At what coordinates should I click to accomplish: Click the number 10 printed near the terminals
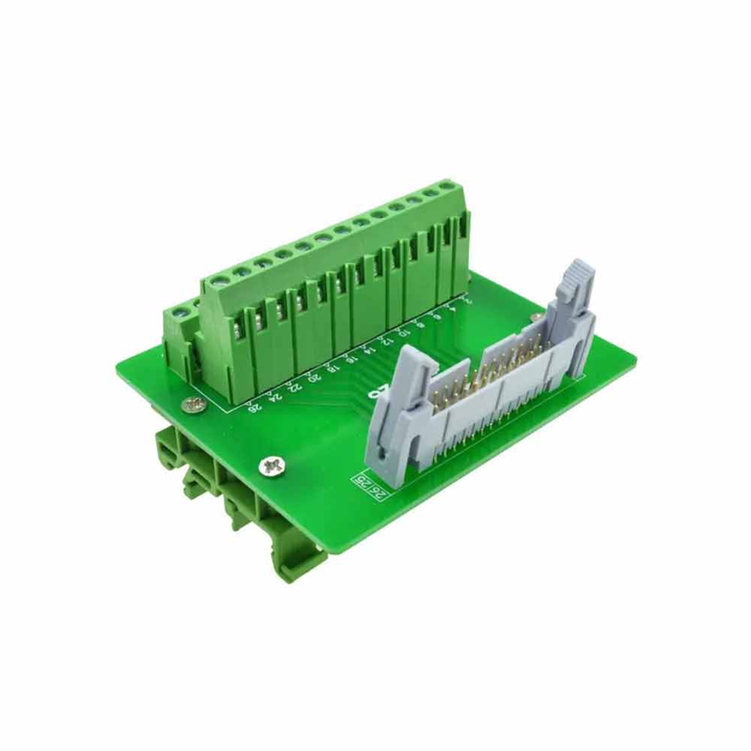click(x=403, y=332)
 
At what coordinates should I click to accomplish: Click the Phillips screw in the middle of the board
click(x=272, y=466)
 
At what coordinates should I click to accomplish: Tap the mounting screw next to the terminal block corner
click(x=193, y=406)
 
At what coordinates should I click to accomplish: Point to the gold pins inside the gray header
click(x=488, y=375)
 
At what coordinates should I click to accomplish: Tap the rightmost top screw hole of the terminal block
click(x=449, y=185)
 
